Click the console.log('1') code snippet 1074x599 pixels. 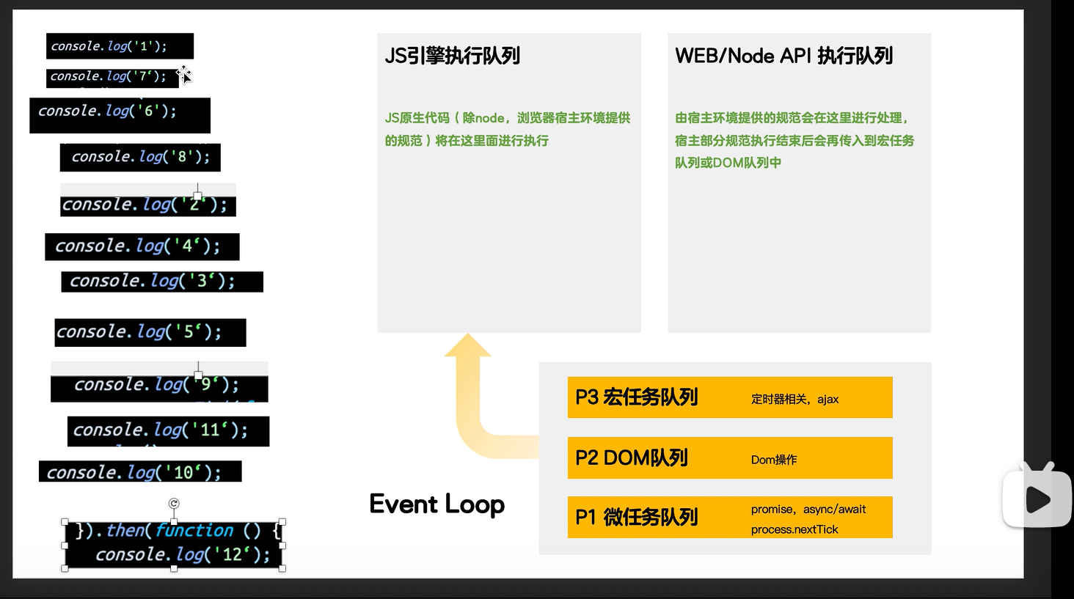coord(120,46)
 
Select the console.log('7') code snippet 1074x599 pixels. coord(112,77)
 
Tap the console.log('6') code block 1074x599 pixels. coord(120,114)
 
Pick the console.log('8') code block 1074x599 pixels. coord(140,157)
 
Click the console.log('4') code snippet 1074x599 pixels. coord(142,246)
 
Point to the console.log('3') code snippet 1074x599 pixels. coord(161,282)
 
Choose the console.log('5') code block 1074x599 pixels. coord(150,332)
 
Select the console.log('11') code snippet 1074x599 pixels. coord(168,430)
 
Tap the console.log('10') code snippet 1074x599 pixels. coord(140,472)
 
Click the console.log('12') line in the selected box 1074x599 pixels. coord(183,555)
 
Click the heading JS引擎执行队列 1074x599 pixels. coord(453,56)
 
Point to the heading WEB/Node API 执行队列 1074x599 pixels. coord(783,56)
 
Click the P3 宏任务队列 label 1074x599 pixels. coord(636,397)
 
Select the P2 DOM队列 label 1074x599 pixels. coord(632,458)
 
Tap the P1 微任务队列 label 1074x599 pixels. coord(636,518)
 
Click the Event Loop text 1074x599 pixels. coord(437,504)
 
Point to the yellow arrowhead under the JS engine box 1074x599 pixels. coord(467,347)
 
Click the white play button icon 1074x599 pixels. coord(1037,500)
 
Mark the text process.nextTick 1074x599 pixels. coord(794,529)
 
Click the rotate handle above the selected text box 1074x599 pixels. coord(174,503)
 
